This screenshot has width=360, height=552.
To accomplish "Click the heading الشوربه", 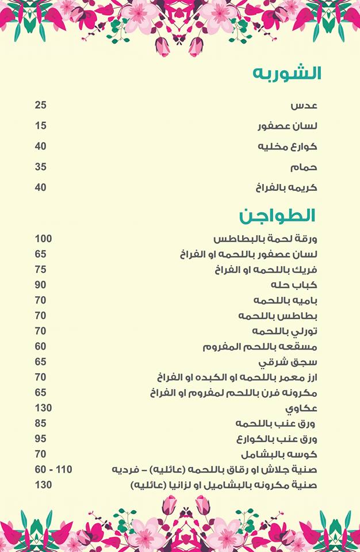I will coord(287,74).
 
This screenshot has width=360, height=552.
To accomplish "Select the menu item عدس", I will coord(303,106).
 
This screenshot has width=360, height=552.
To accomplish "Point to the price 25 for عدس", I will coord(40,105).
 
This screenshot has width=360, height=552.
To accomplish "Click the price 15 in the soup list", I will coord(40,126).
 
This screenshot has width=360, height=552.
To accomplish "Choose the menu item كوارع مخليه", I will coord(287,147).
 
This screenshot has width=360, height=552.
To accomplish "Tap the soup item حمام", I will coord(304,167).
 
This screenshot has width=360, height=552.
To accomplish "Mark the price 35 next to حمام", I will coord(40,167).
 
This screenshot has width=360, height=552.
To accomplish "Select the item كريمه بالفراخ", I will coord(286,188).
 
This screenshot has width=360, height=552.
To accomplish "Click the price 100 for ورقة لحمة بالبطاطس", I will coord(43,239).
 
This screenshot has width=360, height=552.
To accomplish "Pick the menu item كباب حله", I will coord(294,285).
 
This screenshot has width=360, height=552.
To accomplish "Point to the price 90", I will coord(40,285).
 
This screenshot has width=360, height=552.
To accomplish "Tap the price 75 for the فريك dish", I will coord(40,270).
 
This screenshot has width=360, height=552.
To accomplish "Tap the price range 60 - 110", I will coord(53,470).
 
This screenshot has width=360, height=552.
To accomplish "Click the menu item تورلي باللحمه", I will coord(284,331).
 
